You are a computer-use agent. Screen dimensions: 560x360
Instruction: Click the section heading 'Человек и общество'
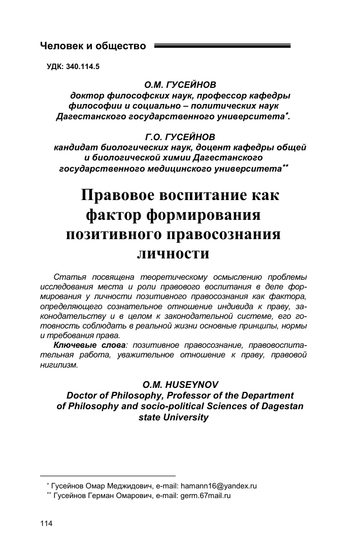tap(93, 47)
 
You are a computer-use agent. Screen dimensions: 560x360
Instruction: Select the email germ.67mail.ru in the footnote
tap(206, 496)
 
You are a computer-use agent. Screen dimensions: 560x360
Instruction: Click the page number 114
tap(46, 523)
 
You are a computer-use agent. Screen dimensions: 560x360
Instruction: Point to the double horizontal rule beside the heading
tap(222, 46)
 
